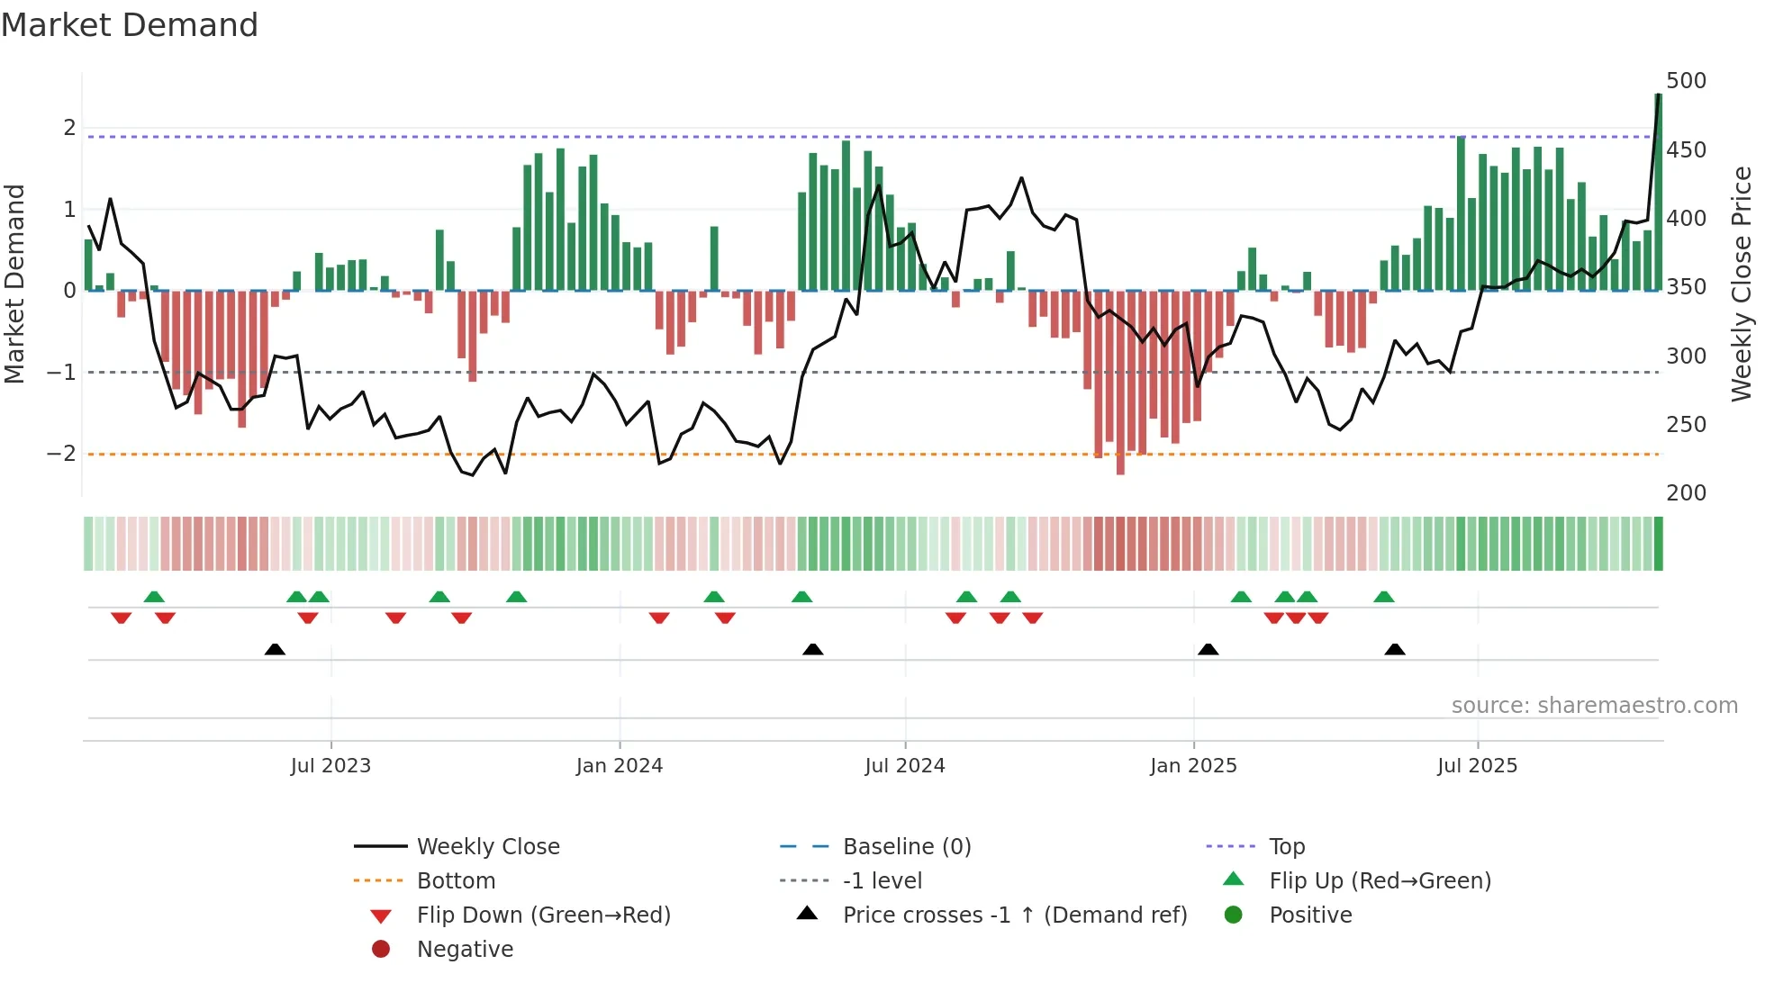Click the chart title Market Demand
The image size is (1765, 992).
point(130,25)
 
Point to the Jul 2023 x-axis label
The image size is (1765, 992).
point(330,766)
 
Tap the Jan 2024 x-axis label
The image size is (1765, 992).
point(620,766)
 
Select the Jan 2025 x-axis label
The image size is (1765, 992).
point(1193,766)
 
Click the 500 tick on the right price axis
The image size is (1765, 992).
point(1686,81)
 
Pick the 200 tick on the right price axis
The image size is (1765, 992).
point(1686,493)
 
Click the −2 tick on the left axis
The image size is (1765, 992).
point(62,454)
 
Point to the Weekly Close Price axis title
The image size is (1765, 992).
point(1742,284)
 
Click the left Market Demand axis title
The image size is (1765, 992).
point(15,284)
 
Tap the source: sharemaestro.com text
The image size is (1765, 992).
point(1594,706)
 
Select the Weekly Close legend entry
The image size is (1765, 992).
point(487,847)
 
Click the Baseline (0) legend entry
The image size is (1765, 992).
point(906,847)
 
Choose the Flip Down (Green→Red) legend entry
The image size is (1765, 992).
point(543,915)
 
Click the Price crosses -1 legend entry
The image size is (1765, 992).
point(1014,915)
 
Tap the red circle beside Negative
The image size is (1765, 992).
point(381,949)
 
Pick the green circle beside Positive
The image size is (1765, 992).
point(1234,915)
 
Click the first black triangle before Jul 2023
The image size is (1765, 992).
point(276,649)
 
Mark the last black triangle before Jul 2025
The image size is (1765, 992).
point(1395,649)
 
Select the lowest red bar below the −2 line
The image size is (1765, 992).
point(1120,383)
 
